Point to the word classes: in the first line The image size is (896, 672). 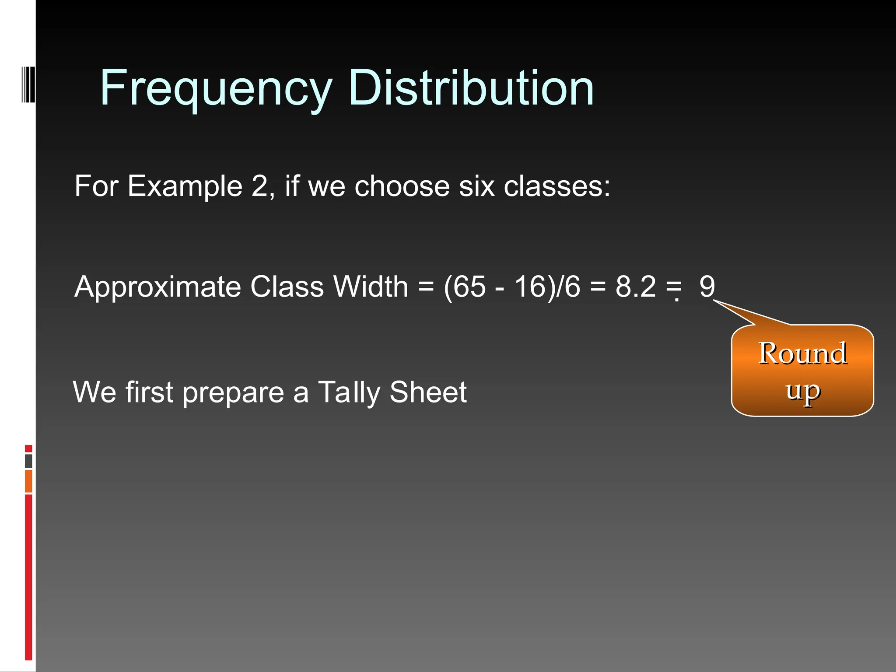click(556, 186)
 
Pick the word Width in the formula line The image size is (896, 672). click(371, 287)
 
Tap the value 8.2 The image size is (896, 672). click(635, 287)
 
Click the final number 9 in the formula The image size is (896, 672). click(707, 287)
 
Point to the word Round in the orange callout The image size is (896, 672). click(802, 353)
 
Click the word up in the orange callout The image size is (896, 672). click(802, 391)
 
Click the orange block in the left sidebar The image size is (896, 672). click(28, 481)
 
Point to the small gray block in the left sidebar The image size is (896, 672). click(28, 461)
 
